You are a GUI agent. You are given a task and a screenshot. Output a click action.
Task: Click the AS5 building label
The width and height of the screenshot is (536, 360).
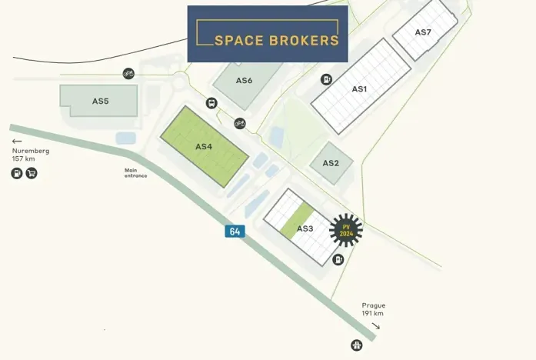100,101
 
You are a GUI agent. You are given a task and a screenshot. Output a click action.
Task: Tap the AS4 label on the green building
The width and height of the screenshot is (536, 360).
204,146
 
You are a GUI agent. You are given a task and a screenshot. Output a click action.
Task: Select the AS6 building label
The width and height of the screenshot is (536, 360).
244,80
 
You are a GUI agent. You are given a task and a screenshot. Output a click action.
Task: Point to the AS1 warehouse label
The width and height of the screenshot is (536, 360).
359,89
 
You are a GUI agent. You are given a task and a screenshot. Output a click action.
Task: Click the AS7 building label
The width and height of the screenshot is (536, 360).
423,32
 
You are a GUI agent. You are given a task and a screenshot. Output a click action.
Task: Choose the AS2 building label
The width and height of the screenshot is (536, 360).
331,163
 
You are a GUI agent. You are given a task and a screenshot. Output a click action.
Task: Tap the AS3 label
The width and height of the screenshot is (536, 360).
305,228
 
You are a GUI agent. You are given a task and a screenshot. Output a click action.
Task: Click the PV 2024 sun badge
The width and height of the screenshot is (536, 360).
345,229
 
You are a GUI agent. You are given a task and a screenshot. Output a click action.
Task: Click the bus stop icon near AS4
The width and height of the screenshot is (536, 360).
211,103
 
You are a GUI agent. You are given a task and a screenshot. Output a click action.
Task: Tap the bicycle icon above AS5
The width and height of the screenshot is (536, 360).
128,74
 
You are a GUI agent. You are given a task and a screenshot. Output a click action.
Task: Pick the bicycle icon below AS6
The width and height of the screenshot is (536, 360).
240,123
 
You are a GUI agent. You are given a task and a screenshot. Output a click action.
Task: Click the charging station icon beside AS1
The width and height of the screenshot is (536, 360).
326,79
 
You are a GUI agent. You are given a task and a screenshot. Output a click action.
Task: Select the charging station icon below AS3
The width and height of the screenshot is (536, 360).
338,260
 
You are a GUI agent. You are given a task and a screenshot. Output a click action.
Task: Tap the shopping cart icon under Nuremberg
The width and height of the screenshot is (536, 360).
32,173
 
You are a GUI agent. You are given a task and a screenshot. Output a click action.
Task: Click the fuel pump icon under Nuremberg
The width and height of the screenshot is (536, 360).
17,173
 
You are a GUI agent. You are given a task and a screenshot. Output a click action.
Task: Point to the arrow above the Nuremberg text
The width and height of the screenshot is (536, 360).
17,142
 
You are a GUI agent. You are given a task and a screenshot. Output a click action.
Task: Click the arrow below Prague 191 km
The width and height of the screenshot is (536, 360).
375,325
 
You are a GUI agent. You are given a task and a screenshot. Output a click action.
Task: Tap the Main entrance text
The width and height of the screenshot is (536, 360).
135,173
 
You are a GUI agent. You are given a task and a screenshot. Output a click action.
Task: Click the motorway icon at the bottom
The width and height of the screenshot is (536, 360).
357,345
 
